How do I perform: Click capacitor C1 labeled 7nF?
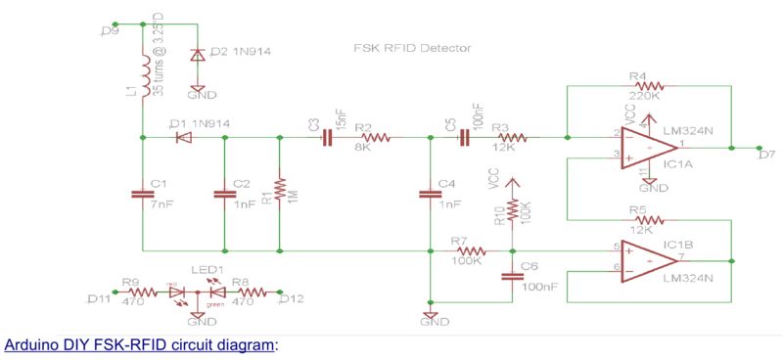pyautogui.click(x=143, y=195)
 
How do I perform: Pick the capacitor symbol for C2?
pyautogui.click(x=225, y=195)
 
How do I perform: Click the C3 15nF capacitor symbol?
pyautogui.click(x=326, y=139)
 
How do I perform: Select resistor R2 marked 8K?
pyautogui.click(x=374, y=139)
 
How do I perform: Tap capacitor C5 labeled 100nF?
pyautogui.click(x=463, y=139)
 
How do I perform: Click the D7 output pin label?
pyautogui.click(x=766, y=154)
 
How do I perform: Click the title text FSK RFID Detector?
pyautogui.click(x=412, y=47)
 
